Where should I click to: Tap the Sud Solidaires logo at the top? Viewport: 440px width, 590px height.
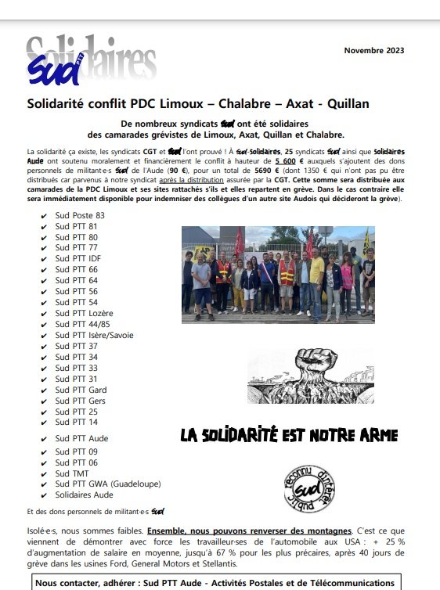pyautogui.click(x=90, y=61)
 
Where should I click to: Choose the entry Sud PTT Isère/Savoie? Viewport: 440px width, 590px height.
pyautogui.click(x=92, y=335)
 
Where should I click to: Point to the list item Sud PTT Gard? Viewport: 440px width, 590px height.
pyautogui.click(x=81, y=390)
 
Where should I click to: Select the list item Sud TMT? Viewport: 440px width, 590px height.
pyautogui.click(x=72, y=473)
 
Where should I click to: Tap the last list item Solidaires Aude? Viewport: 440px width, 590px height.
pyautogui.click(x=84, y=495)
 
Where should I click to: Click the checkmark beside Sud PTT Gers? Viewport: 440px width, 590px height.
pyautogui.click(x=43, y=401)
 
